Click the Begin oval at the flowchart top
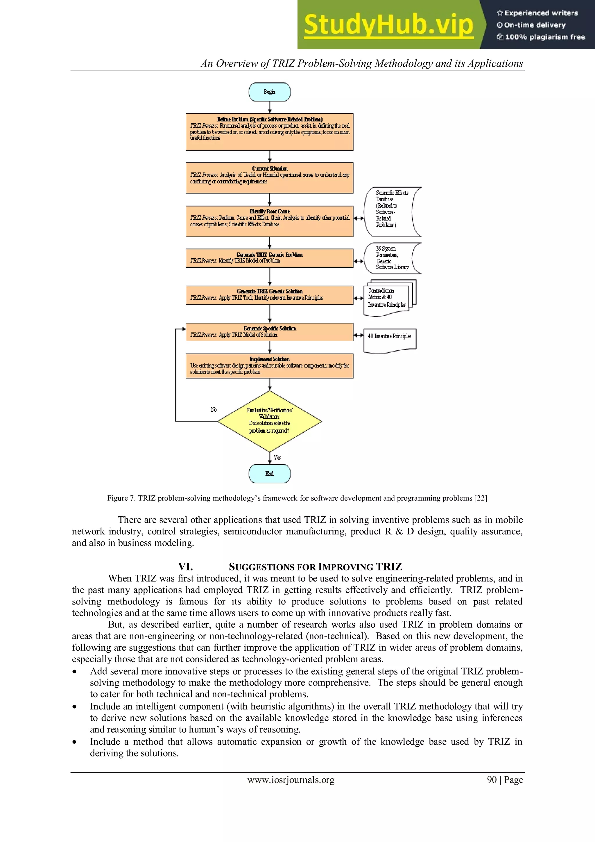(269, 92)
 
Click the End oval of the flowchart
(269, 473)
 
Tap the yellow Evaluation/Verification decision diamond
(269, 421)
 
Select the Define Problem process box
(269, 132)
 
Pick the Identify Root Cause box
(269, 221)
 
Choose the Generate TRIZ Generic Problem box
(269, 258)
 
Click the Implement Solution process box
(269, 366)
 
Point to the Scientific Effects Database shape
(391, 212)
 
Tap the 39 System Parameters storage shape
(391, 258)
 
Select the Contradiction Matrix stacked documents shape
(388, 298)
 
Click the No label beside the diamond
(214, 409)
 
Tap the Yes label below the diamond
(277, 457)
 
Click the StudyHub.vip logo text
(388, 25)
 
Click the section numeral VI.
(185, 567)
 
